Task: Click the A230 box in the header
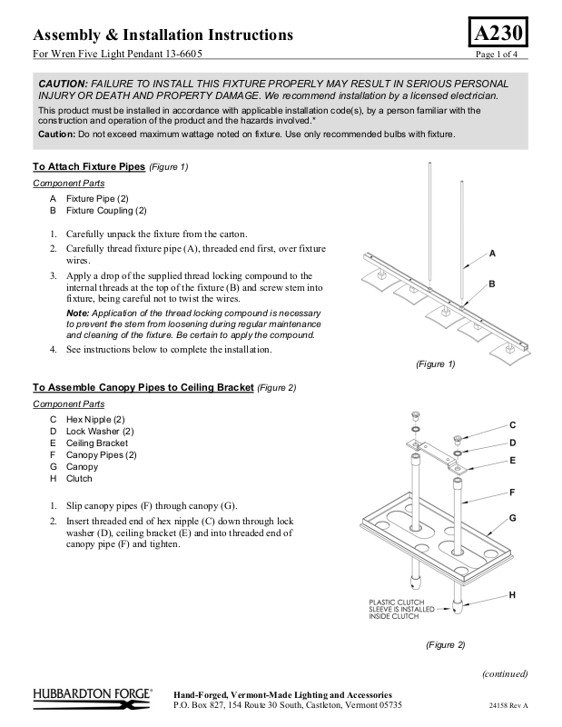pos(498,34)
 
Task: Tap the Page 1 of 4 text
pos(502,55)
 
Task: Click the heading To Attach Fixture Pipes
pos(89,167)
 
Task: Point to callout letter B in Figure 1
pos(492,284)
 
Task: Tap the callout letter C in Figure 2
pos(512,425)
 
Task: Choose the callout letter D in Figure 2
pos(512,443)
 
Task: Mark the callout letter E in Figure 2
pos(512,460)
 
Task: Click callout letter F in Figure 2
pos(512,492)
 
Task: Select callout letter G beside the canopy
pos(512,517)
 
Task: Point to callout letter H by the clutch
pos(512,594)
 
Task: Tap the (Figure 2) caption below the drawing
pos(445,644)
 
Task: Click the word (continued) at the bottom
pos(504,673)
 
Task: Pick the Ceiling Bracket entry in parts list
pos(96,443)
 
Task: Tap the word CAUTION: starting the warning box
pos(63,83)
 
